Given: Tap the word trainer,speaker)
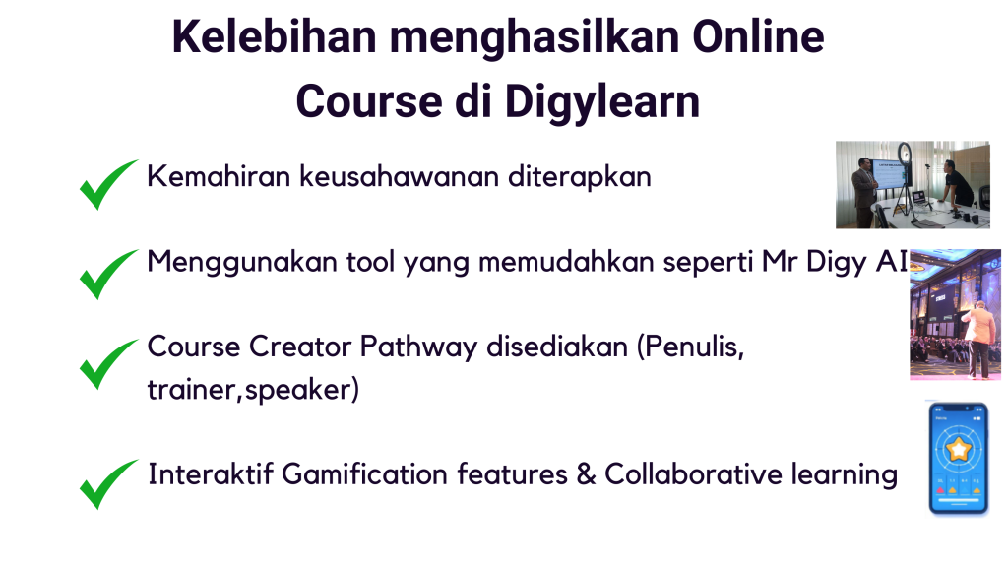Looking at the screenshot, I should pyautogui.click(x=253, y=390).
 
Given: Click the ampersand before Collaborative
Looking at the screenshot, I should pyautogui.click(x=587, y=474).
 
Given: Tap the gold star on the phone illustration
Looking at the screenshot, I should pyautogui.click(x=958, y=450).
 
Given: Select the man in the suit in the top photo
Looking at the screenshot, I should pyautogui.click(x=863, y=189).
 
